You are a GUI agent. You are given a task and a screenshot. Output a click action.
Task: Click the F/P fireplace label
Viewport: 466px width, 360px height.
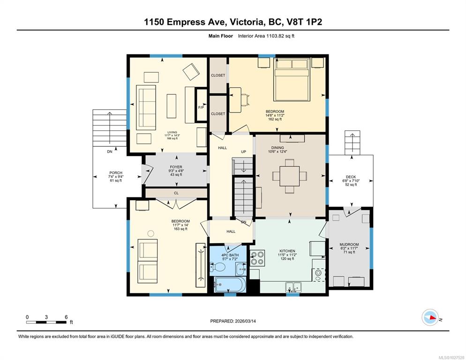click(201, 107)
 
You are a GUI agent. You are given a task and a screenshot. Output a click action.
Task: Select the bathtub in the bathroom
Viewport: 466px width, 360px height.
click(229, 284)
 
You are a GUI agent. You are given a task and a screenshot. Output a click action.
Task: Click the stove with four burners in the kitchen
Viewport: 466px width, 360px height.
click(258, 259)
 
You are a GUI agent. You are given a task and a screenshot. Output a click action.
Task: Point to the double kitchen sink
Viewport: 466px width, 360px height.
click(293, 286)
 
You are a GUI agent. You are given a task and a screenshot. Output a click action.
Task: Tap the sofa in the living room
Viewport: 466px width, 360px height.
click(146, 107)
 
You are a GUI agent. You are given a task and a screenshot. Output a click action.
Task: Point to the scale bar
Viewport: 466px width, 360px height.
click(46, 322)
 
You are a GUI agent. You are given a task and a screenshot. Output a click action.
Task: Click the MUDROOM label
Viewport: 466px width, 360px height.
click(349, 244)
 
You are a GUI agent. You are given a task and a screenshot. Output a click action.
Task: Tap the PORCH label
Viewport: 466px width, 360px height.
click(115, 173)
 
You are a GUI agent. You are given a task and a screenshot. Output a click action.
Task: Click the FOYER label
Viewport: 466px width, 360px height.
click(176, 167)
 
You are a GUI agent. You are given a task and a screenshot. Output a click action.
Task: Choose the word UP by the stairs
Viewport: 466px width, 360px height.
click(243, 152)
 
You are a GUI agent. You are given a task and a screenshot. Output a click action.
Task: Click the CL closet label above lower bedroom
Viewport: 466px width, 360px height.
click(176, 193)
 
